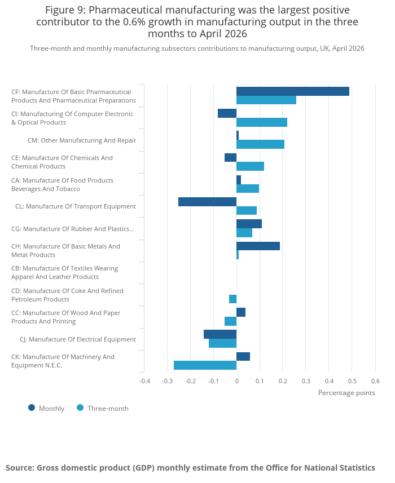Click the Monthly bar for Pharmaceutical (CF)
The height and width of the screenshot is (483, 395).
click(x=293, y=91)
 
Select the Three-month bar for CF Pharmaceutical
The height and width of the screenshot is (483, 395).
click(x=266, y=100)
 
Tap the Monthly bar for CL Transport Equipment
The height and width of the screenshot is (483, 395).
click(x=207, y=202)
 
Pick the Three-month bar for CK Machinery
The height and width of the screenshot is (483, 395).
click(x=205, y=365)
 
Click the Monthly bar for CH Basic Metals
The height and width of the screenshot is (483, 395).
click(x=258, y=246)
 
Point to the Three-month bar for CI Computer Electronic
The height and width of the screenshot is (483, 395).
click(x=262, y=122)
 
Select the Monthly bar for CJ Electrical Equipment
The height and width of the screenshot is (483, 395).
click(x=220, y=335)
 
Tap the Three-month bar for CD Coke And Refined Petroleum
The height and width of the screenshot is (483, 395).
click(x=233, y=299)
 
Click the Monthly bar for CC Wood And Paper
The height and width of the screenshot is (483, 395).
click(x=241, y=312)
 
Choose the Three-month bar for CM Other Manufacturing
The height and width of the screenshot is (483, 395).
click(x=260, y=144)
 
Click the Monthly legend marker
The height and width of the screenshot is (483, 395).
click(x=32, y=408)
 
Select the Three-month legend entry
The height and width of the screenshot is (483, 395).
click(x=103, y=408)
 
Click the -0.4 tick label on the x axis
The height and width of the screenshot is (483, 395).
click(x=144, y=381)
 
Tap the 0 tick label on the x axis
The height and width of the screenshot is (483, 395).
click(x=237, y=381)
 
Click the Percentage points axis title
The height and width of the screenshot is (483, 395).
click(x=346, y=393)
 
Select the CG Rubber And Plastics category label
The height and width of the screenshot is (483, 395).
click(x=73, y=229)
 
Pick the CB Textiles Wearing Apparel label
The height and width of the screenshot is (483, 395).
click(x=65, y=273)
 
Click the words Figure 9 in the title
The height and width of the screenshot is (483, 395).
click(x=65, y=10)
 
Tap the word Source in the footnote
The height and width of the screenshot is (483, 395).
click(x=20, y=468)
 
